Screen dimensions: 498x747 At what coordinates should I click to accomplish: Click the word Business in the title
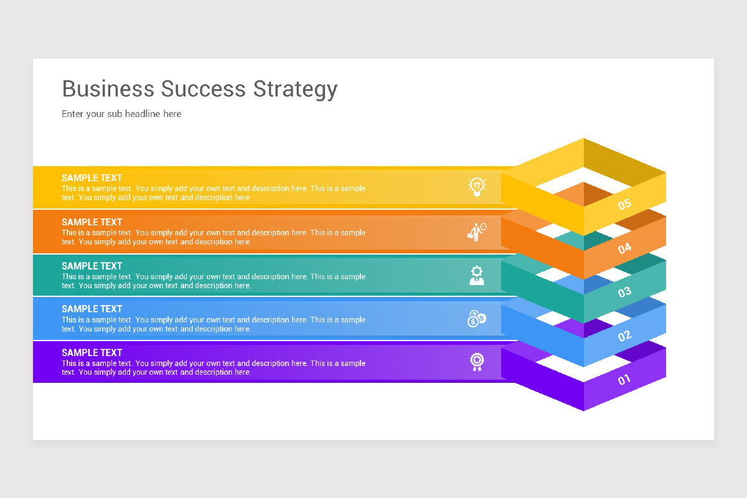coord(108,88)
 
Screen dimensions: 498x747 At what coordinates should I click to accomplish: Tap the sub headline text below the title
coord(121,114)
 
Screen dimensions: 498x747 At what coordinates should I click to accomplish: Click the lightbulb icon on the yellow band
coord(477,186)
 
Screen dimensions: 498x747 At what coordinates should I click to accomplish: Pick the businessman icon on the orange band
coord(477,232)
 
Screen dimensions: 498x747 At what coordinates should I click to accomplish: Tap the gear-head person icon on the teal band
coord(477,275)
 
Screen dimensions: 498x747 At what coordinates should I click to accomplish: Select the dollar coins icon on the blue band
coord(476,319)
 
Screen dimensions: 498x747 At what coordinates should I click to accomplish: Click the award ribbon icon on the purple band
coord(477,362)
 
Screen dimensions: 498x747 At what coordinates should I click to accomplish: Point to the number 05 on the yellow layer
coord(624,204)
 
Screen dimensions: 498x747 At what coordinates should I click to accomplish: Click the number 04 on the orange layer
coord(624,248)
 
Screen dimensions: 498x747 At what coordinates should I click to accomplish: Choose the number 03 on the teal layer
coord(624,292)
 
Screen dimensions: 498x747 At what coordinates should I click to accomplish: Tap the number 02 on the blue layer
coord(624,336)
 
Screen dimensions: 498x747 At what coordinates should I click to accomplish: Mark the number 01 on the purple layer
coord(624,379)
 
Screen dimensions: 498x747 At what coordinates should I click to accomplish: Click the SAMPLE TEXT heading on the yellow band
coord(92,178)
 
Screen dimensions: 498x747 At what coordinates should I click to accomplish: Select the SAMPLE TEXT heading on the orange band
coord(92,222)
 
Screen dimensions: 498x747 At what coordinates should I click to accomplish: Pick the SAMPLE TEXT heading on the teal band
coord(92,266)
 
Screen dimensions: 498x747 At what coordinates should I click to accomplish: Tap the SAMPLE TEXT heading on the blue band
coord(92,309)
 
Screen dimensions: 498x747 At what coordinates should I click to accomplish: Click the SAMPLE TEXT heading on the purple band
coord(92,352)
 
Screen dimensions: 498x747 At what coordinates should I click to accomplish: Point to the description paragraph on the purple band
coord(214,368)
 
